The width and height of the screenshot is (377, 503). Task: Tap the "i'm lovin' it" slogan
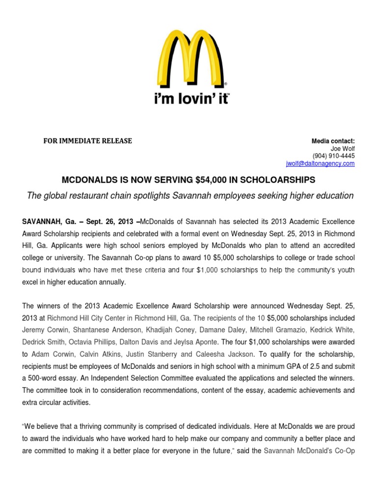coord(191,98)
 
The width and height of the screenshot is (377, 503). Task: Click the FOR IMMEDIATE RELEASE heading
coord(88,141)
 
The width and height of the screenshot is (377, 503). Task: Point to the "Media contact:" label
coord(333,141)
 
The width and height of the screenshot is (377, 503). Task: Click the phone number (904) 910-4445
coord(336,156)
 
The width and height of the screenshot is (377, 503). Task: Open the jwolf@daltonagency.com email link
coord(320,164)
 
